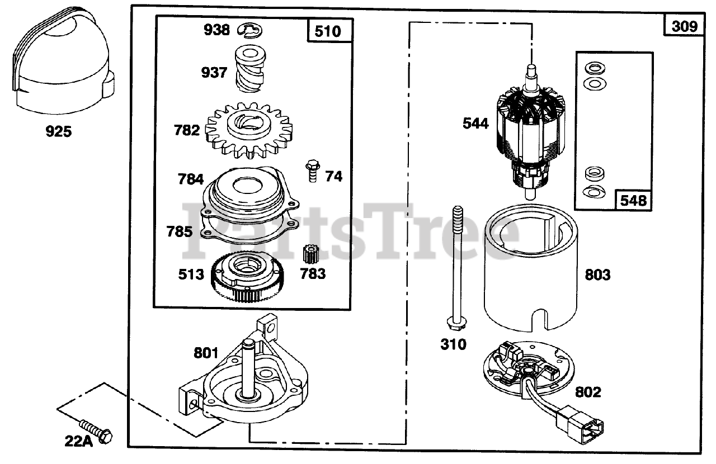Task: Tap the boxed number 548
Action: pyautogui.click(x=634, y=200)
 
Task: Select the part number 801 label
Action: pyautogui.click(x=206, y=353)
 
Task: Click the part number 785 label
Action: pyautogui.click(x=180, y=231)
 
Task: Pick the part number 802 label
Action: pyautogui.click(x=587, y=392)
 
